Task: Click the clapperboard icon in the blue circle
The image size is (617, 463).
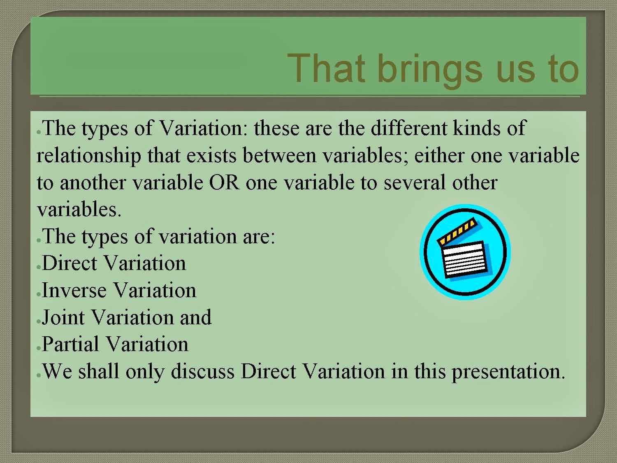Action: (x=465, y=252)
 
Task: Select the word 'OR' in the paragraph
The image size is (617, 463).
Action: (x=224, y=182)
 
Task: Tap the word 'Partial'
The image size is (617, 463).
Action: (x=70, y=344)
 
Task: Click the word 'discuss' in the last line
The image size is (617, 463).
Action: (x=202, y=371)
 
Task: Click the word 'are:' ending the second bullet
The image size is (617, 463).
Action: (x=259, y=237)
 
